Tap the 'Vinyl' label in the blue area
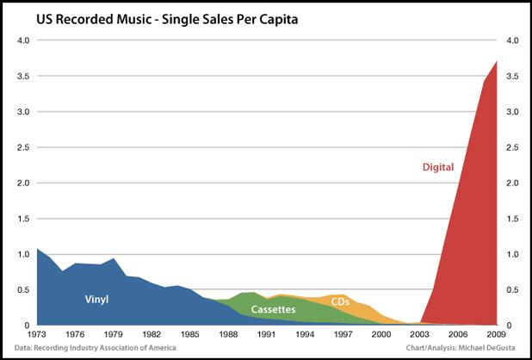96,300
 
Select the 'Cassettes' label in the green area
274,308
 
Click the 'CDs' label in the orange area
340,301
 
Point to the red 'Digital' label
438,166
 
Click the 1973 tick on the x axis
36,335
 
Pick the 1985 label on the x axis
190,335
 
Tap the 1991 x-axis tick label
267,335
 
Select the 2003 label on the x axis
421,335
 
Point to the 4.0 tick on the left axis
22,40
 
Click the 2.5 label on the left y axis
22,147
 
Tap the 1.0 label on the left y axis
22,254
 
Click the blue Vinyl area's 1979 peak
113,258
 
